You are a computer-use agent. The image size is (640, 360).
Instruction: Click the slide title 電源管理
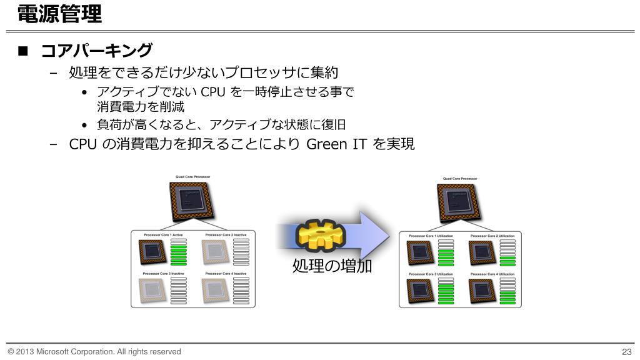(59, 14)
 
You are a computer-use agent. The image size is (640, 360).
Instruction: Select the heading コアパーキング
(96, 51)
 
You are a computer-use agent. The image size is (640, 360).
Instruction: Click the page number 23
(627, 351)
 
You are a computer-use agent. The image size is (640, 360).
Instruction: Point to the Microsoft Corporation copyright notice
(94, 351)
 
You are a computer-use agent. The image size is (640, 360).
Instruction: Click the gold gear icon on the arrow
(319, 234)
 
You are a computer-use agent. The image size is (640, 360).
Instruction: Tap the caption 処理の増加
(332, 266)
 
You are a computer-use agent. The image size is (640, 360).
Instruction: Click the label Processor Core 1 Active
(163, 234)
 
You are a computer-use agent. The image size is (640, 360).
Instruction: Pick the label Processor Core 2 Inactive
(225, 234)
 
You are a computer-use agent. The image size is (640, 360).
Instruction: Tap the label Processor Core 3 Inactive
(164, 274)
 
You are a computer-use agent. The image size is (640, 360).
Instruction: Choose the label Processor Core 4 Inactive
(225, 274)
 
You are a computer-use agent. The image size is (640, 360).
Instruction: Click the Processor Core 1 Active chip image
(153, 252)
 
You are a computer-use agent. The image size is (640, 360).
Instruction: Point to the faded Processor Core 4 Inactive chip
(215, 291)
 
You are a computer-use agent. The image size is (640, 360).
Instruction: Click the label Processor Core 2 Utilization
(492, 236)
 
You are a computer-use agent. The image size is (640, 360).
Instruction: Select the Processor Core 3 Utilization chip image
(421, 291)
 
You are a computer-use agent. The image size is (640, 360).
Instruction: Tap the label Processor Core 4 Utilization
(492, 274)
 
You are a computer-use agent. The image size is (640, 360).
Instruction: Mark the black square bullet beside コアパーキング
(23, 51)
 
